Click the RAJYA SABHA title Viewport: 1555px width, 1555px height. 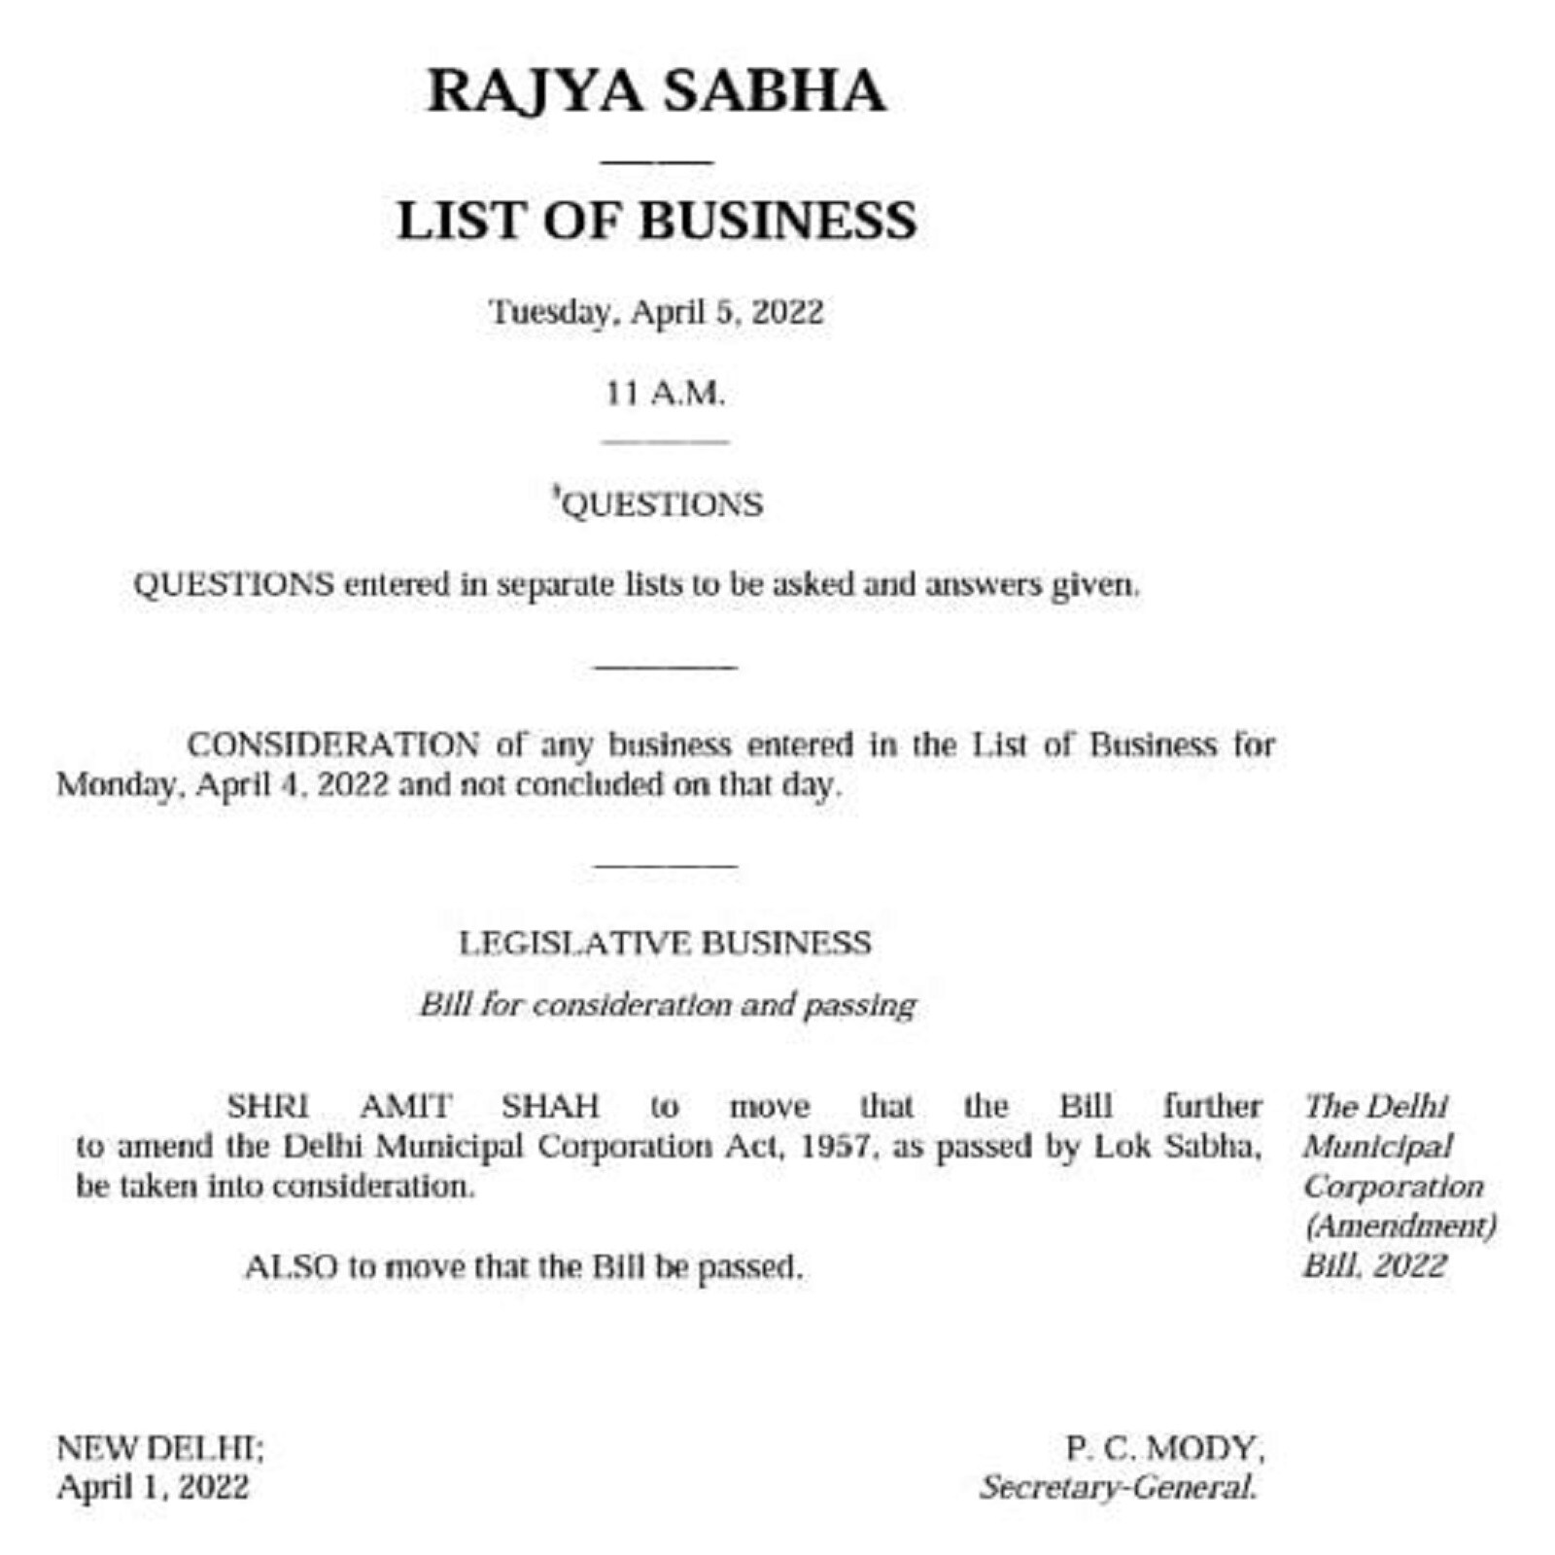(x=656, y=91)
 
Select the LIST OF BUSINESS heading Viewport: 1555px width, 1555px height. (x=656, y=221)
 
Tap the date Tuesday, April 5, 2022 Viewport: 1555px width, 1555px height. (x=656, y=313)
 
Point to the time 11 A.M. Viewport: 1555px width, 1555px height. (x=665, y=394)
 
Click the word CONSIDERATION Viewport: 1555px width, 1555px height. (x=332, y=745)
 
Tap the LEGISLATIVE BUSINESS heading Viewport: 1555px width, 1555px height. (x=665, y=943)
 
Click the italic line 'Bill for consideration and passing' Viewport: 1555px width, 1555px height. (x=668, y=1004)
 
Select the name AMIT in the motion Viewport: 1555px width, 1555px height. (x=405, y=1106)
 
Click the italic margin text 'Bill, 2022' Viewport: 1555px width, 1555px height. (x=1374, y=1266)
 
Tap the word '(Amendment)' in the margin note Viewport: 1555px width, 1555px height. (x=1399, y=1227)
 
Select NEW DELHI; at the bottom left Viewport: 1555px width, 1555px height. (x=160, y=1448)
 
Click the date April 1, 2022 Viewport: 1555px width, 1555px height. (x=153, y=1487)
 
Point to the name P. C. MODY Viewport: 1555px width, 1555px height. (x=1164, y=1448)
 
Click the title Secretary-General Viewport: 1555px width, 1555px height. (x=1118, y=1487)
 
